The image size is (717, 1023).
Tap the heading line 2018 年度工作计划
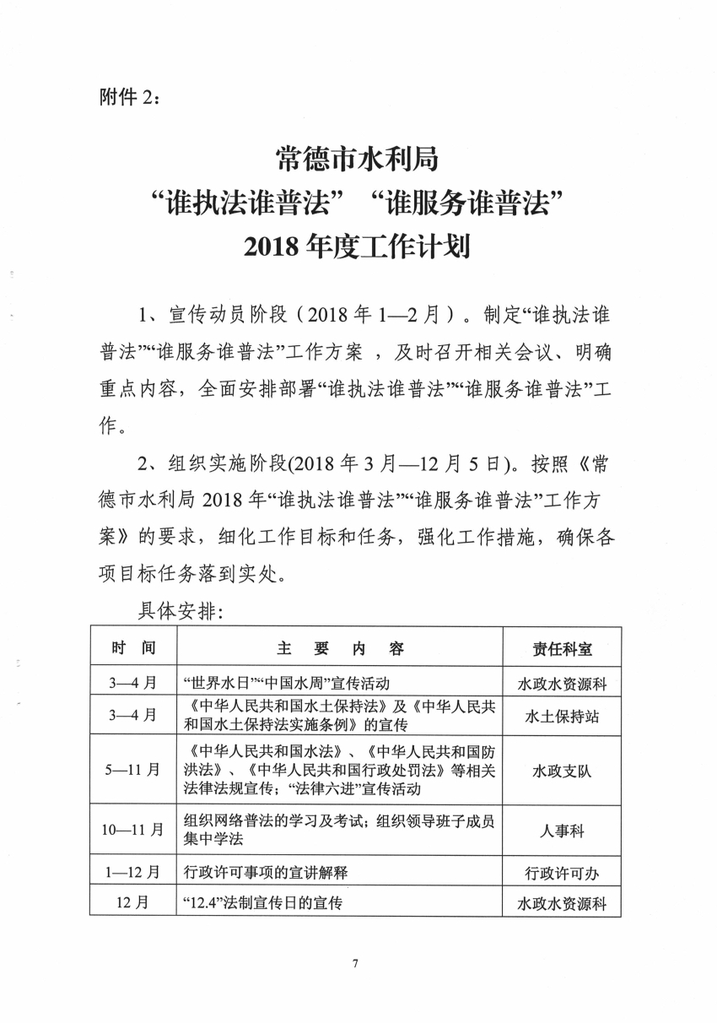[x=357, y=247]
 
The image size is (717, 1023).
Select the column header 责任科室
[x=562, y=648]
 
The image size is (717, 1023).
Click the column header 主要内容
[x=340, y=648]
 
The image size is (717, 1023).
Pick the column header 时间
[x=132, y=647]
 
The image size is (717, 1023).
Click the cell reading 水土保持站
[x=562, y=717]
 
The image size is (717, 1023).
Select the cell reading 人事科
[x=562, y=831]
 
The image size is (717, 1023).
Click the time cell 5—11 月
[x=132, y=770]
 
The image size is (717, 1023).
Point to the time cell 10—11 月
[x=132, y=830]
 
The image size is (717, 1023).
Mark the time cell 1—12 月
[x=132, y=871]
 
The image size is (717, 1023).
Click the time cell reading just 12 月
[x=132, y=902]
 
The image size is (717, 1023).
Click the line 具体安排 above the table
[x=180, y=612]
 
